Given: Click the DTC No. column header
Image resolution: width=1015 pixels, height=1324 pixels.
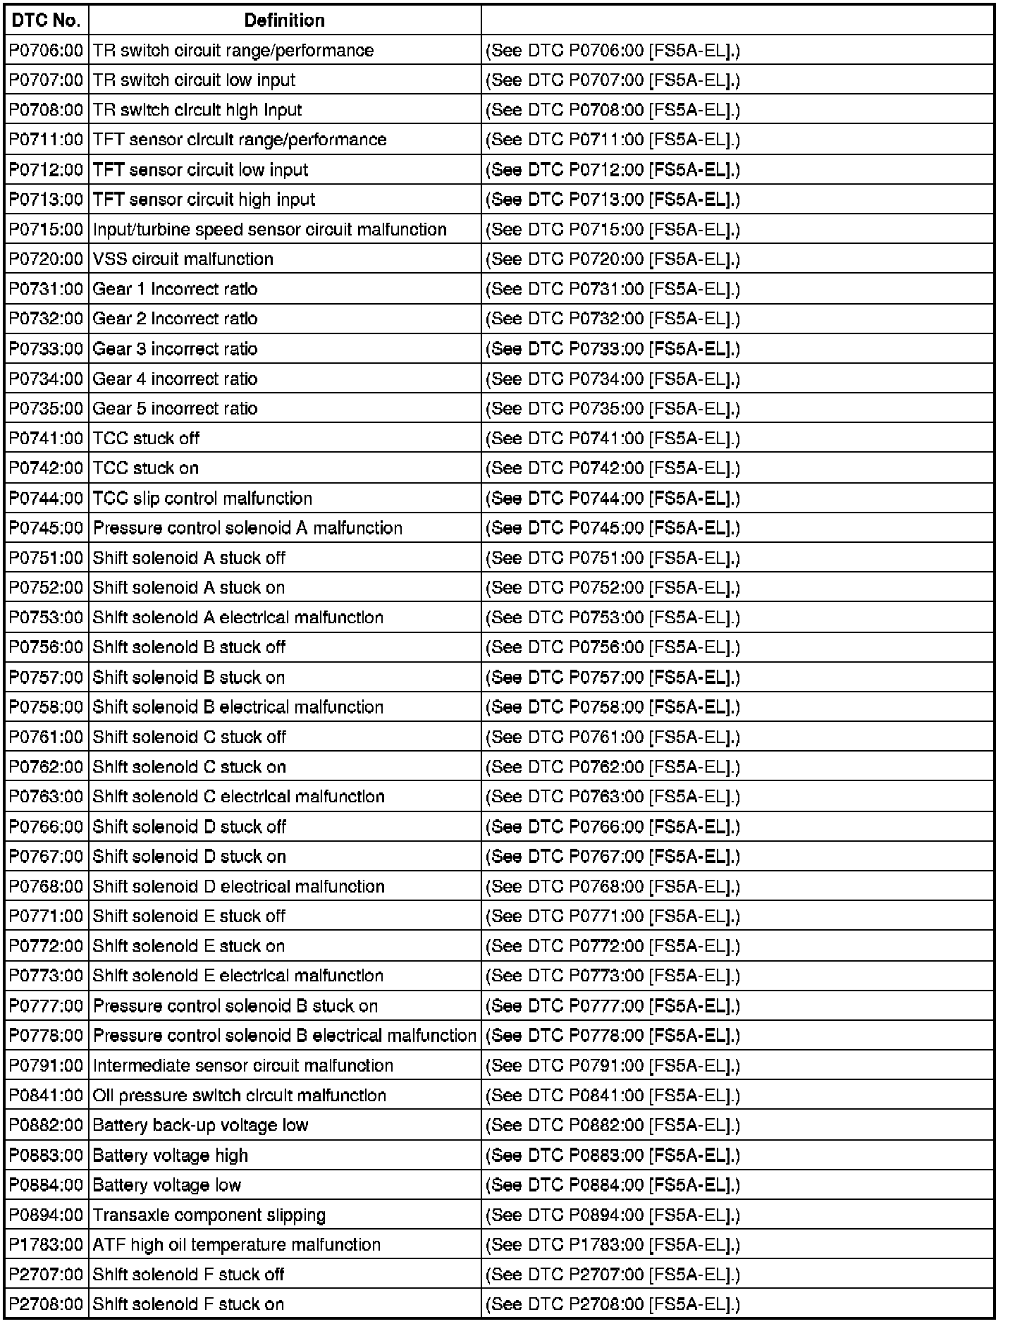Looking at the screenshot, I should [47, 20].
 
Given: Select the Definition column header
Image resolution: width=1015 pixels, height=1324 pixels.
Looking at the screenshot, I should [284, 20].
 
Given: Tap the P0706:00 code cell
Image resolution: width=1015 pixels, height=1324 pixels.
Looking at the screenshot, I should [47, 51].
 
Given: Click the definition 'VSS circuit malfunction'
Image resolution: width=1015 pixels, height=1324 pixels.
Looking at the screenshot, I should [183, 259].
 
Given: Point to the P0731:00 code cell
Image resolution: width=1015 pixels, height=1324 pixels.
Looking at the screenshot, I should [47, 289].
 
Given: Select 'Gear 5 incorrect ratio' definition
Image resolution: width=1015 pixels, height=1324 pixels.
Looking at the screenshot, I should [176, 409].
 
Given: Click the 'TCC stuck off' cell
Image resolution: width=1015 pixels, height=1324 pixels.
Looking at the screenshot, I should [147, 439].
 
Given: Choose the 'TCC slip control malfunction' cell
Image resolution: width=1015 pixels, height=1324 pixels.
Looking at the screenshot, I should [203, 498].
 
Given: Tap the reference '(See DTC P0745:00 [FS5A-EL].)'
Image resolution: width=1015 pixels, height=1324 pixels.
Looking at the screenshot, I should [613, 528].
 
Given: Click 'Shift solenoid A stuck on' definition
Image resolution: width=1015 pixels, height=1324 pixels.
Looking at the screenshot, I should [189, 588].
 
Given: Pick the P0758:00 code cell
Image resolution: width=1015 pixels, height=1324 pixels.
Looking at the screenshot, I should [47, 707].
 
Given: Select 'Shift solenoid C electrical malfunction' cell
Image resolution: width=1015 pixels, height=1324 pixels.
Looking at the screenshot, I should [239, 797].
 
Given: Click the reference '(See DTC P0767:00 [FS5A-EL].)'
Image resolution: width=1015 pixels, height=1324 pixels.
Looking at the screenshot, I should [613, 857].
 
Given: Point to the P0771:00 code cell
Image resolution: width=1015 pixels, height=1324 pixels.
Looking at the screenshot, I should [47, 917].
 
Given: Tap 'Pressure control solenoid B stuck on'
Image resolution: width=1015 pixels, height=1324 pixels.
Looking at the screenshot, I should [235, 1006].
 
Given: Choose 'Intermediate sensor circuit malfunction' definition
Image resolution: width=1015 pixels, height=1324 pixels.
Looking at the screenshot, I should [243, 1066].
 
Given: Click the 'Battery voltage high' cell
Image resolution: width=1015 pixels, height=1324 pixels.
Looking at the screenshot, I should [171, 1156].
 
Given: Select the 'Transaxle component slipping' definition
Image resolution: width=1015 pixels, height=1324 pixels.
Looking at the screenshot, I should [209, 1215].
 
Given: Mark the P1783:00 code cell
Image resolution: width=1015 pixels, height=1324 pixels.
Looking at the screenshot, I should [47, 1245].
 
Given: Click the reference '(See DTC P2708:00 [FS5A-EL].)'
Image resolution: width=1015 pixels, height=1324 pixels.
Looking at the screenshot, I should [613, 1304].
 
